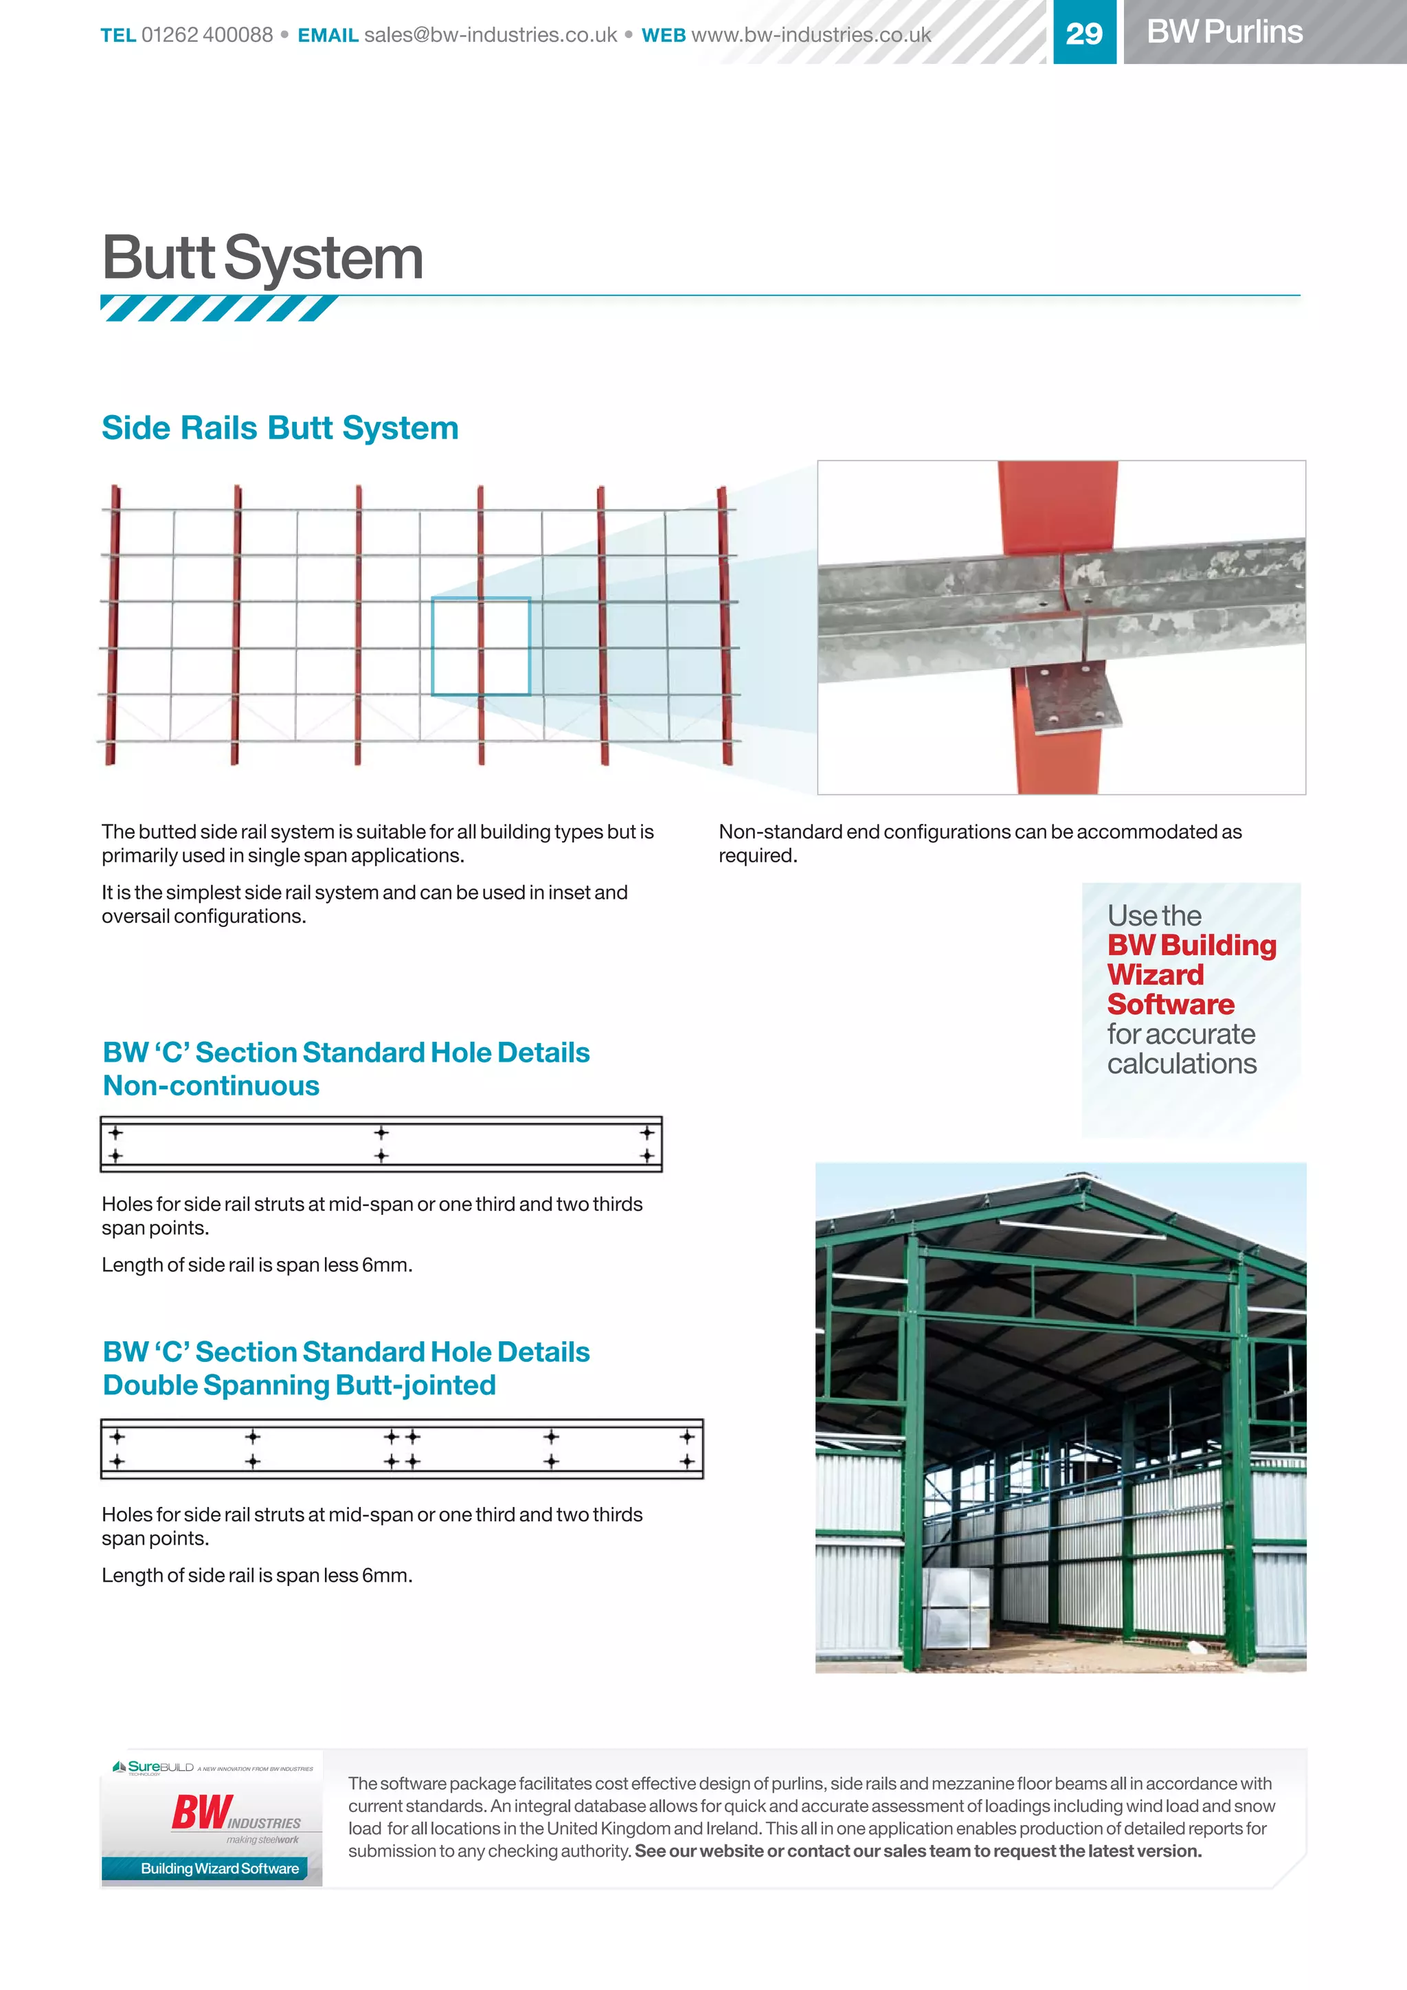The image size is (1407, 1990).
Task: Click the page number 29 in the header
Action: pyautogui.click(x=1084, y=33)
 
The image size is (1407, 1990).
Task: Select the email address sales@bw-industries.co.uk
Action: pyautogui.click(x=491, y=34)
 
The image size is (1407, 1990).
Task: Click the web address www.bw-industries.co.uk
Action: pyautogui.click(x=811, y=34)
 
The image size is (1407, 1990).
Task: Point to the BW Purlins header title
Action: pyautogui.click(x=1224, y=32)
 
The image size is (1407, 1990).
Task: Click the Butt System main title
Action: pyautogui.click(x=262, y=258)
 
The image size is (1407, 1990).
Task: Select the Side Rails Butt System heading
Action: pyautogui.click(x=280, y=428)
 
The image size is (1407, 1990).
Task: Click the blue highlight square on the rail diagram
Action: pyautogui.click(x=481, y=646)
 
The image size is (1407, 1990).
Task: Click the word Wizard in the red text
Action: pyautogui.click(x=1155, y=974)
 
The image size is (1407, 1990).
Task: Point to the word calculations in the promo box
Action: pyautogui.click(x=1182, y=1064)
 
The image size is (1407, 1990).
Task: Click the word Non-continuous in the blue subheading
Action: pyautogui.click(x=212, y=1086)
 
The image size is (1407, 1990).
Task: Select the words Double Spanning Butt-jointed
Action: pyautogui.click(x=299, y=1385)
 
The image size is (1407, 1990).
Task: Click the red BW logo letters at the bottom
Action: pyautogui.click(x=201, y=1812)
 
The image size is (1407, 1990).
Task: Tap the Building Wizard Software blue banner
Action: pyautogui.click(x=219, y=1868)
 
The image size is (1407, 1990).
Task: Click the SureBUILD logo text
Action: pyautogui.click(x=160, y=1767)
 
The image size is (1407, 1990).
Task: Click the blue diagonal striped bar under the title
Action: pyautogui.click(x=218, y=308)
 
